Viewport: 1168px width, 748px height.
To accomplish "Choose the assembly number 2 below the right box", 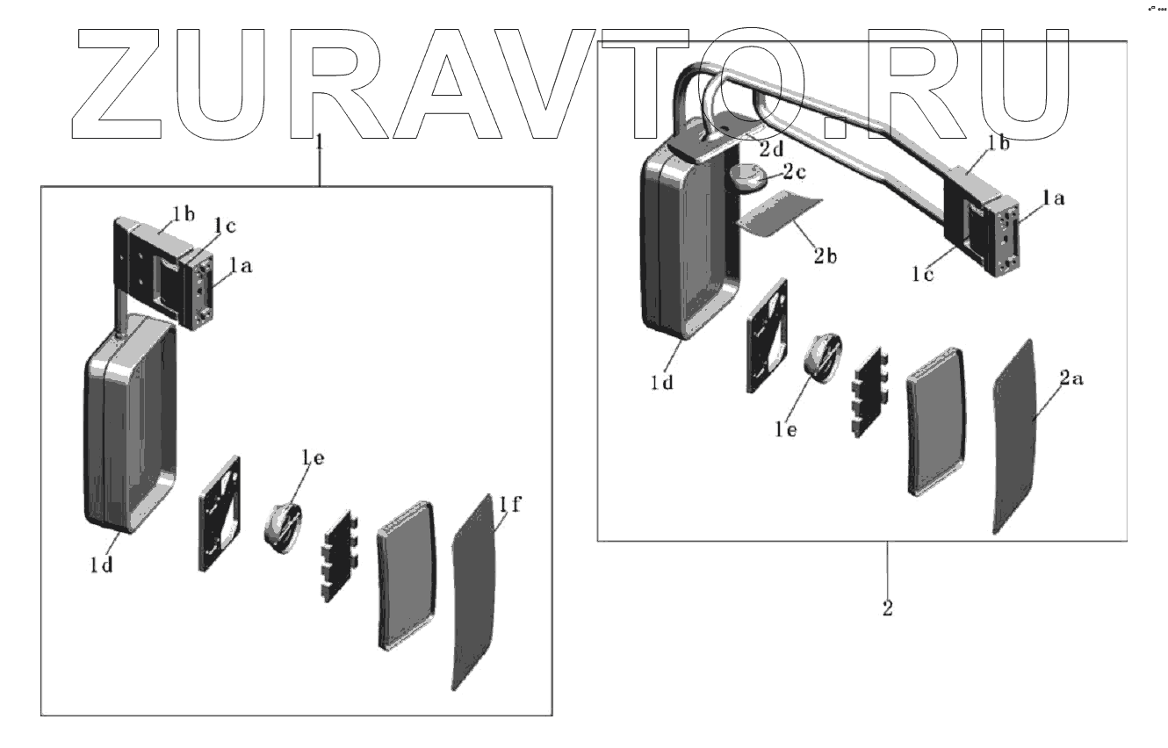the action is click(x=887, y=608).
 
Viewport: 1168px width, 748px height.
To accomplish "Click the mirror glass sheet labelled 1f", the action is click(x=474, y=597).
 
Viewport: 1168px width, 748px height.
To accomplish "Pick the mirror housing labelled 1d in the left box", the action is click(x=127, y=421).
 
